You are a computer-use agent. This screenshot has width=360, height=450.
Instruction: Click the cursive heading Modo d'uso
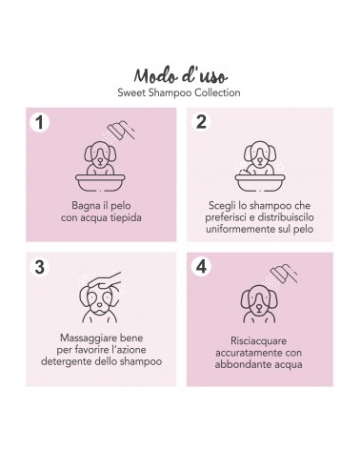point(180,75)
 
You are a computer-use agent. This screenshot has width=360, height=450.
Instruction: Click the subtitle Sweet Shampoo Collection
point(179,92)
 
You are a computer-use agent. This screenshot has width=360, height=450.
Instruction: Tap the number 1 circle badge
point(40,122)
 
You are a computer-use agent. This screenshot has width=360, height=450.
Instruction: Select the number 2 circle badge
point(201,122)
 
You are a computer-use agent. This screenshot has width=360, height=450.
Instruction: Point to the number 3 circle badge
point(40,267)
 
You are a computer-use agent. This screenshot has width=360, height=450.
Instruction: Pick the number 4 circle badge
point(201,266)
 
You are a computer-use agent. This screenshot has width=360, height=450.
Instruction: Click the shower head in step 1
point(120,130)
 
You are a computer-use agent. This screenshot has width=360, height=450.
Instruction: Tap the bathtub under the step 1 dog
point(100,182)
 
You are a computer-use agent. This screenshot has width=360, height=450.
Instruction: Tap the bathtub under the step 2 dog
point(260,182)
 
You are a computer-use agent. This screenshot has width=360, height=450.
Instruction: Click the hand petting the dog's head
point(105,281)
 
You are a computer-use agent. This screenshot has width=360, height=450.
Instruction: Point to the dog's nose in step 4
point(259,308)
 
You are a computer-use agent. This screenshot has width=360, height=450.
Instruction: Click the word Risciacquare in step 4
point(259,341)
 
